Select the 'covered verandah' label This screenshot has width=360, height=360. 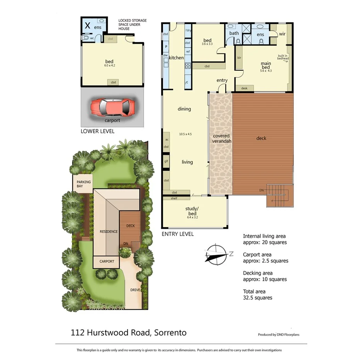click(x=221, y=139)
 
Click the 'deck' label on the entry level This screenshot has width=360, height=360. click(x=261, y=138)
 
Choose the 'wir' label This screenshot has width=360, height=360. click(x=282, y=34)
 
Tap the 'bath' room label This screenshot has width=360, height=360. click(x=234, y=33)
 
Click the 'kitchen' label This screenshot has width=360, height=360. click(x=176, y=58)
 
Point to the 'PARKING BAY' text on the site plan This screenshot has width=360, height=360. click(x=83, y=184)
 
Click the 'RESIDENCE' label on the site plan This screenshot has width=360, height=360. click(x=109, y=232)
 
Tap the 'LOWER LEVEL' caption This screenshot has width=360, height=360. click(x=97, y=131)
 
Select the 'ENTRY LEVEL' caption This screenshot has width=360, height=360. click(x=177, y=234)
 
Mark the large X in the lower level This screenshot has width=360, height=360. click(x=88, y=26)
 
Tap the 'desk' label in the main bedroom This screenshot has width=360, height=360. click(x=244, y=88)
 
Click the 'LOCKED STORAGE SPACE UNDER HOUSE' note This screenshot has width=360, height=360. click(x=132, y=25)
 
